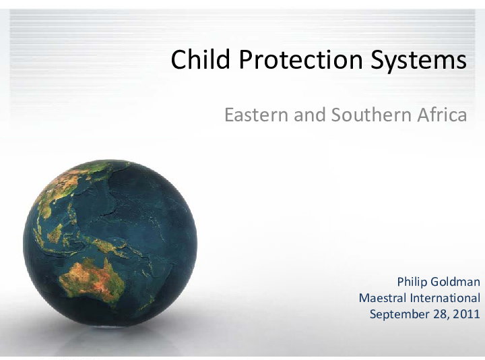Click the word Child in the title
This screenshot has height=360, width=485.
pos(193,60)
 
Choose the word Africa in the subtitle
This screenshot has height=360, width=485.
pos(441,115)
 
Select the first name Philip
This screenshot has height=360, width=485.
pos(413,282)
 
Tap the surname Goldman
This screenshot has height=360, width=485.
pos(456,282)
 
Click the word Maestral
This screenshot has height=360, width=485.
pos(382,298)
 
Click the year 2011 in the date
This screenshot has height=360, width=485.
pos(467,314)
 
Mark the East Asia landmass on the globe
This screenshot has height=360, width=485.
pos(64,185)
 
